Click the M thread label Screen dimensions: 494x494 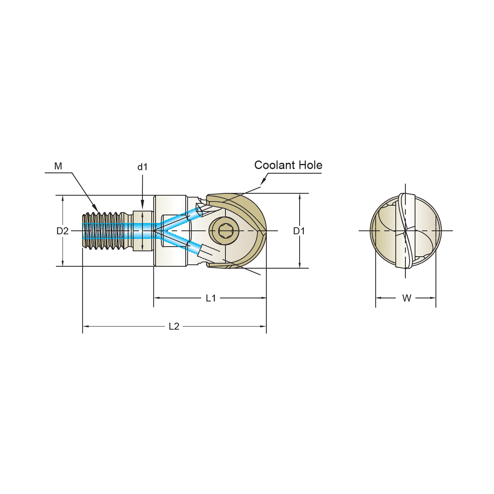[x=58, y=166]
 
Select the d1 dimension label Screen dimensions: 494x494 [x=142, y=167]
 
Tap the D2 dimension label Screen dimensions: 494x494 [x=62, y=231]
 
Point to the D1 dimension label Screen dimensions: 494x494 [x=299, y=231]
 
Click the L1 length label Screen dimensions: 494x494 [x=211, y=298]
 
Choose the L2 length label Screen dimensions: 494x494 [x=174, y=326]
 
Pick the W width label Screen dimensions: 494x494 [x=407, y=298]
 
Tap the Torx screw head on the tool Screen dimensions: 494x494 [x=224, y=231]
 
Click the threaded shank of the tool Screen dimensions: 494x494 [x=105, y=231]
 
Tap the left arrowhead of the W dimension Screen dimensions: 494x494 [x=379, y=298]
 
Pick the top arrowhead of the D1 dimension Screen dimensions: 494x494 [x=299, y=197]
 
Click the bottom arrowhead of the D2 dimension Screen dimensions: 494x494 [x=63, y=263]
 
